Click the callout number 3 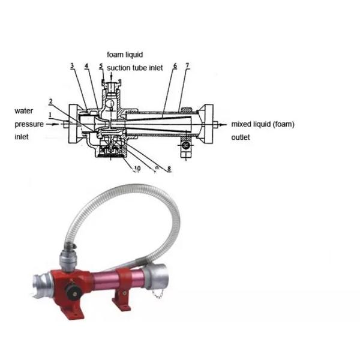(73, 65)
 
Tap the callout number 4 (86, 66)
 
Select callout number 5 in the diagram (101, 66)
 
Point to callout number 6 (175, 66)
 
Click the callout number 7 (188, 65)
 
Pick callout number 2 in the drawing (51, 101)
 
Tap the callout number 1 (50, 115)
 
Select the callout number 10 (137, 169)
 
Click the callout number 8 (169, 169)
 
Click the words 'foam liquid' (125, 55)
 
